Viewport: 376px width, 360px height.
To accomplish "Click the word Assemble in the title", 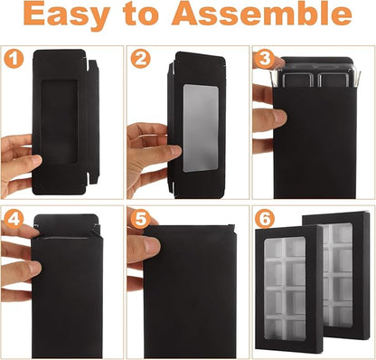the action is (x=261, y=14).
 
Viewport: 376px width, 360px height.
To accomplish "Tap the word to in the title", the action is (x=140, y=14).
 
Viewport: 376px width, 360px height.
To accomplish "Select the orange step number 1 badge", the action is (x=14, y=59).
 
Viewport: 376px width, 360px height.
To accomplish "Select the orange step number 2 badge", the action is (x=140, y=59).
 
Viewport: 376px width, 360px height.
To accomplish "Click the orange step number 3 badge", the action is (x=264, y=59).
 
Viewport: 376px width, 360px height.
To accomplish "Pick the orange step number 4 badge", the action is (x=14, y=219).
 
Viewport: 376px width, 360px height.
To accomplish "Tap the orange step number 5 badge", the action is (x=140, y=219).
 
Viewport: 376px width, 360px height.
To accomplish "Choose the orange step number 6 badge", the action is (x=264, y=219).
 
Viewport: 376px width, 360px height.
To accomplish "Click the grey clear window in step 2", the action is (x=201, y=128).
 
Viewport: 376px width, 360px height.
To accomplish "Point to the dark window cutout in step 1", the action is (x=60, y=121).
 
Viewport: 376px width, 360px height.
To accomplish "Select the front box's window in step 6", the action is (x=285, y=289).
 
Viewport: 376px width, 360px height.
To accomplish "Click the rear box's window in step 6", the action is (x=337, y=274).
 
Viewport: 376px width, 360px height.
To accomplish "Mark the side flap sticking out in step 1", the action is (x=93, y=122).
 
